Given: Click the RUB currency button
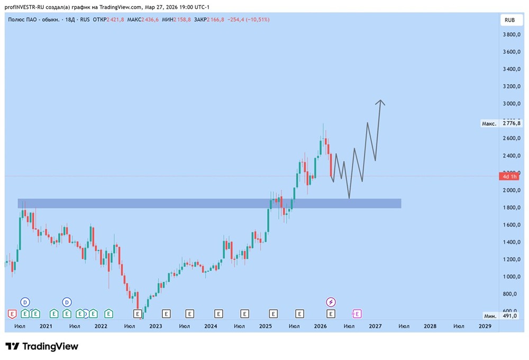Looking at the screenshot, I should pos(509,20).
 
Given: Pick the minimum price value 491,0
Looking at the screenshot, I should pos(510,316).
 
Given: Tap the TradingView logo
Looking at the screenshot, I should pos(42,346).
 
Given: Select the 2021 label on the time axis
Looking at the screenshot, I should pos(46,327).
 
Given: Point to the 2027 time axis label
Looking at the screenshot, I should pos(375,327).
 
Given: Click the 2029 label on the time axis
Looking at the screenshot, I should pos(485,327).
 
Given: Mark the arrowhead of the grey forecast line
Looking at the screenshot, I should pos(380,101).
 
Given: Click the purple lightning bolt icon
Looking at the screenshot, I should pos(331,302).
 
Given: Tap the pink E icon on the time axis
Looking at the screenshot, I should pos(357,313).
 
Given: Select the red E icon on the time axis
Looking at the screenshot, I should pos(12,313).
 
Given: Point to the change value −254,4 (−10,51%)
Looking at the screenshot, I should pos(248,20).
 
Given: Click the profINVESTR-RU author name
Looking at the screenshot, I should pos(26,7).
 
